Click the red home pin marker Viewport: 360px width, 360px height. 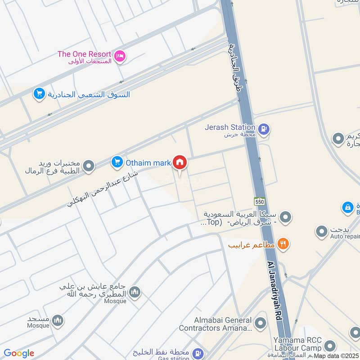pyautogui.click(x=180, y=162)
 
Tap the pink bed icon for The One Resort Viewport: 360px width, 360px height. pyautogui.click(x=120, y=56)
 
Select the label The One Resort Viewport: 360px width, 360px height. pyautogui.click(x=84, y=54)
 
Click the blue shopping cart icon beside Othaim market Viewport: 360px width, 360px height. pyautogui.click(x=117, y=162)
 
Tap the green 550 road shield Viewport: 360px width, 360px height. pyautogui.click(x=259, y=201)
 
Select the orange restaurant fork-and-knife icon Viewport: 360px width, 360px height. pyautogui.click(x=283, y=244)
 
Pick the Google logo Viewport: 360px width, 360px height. pyautogui.click(x=19, y=353)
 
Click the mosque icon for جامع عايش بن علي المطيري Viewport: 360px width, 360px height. pyautogui.click(x=134, y=293)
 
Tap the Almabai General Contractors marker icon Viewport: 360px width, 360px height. pyautogui.click(x=260, y=323)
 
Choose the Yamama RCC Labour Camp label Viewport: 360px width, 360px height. pyautogui.click(x=297, y=344)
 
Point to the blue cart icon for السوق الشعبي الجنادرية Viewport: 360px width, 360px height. pyautogui.click(x=39, y=94)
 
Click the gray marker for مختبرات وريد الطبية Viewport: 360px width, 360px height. pyautogui.click(x=89, y=166)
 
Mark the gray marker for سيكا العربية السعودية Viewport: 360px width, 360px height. pyautogui.click(x=284, y=218)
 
